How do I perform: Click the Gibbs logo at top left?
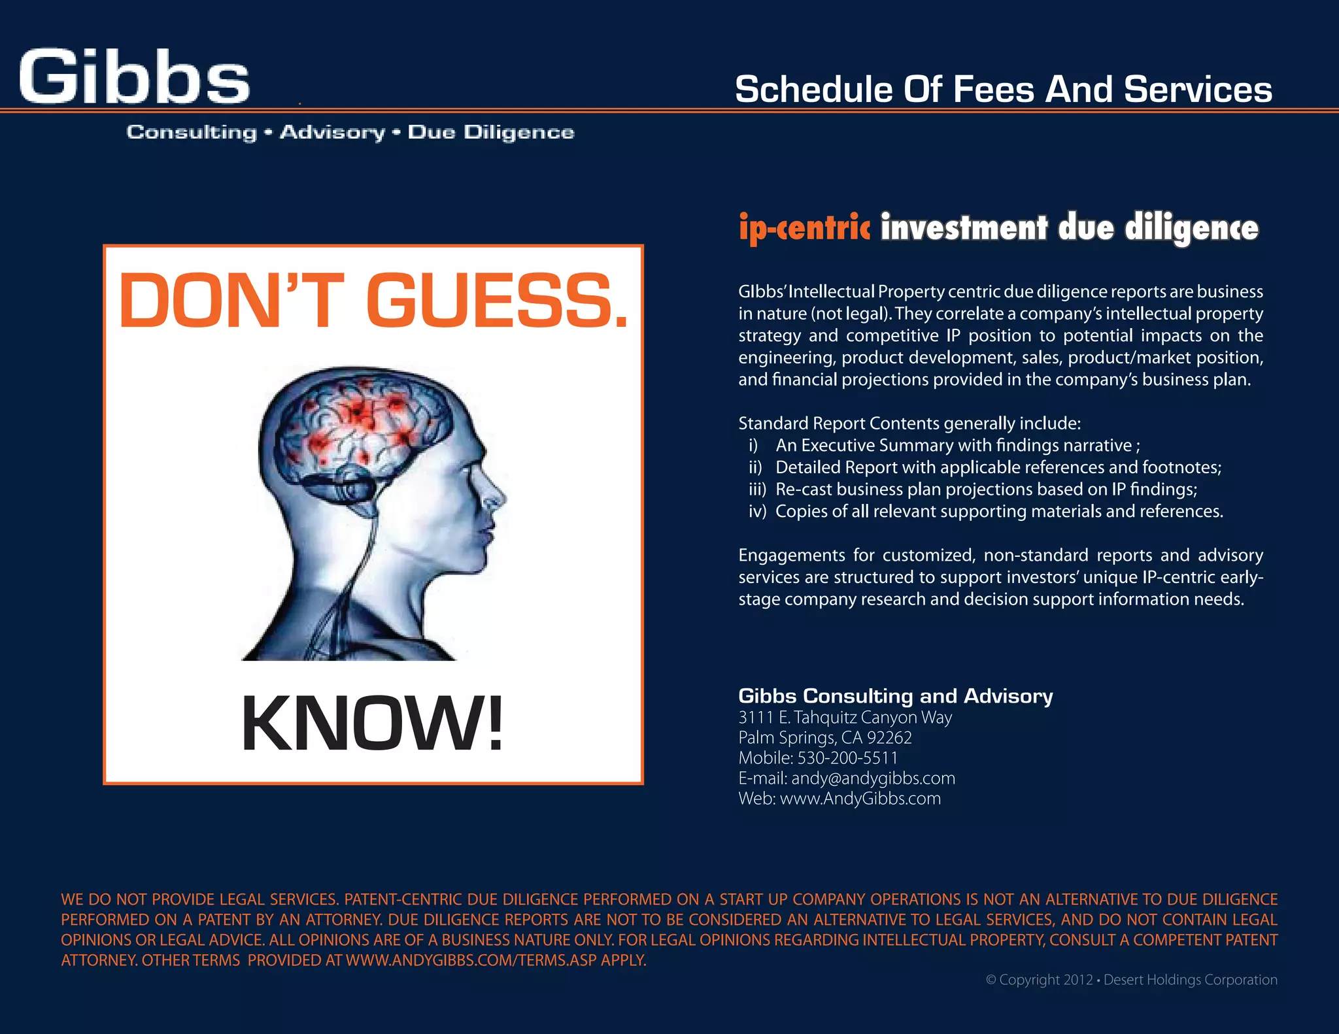click(x=134, y=77)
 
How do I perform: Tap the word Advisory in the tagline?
click(x=333, y=133)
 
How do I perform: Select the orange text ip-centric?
click(x=804, y=227)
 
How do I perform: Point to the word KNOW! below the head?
click(x=373, y=724)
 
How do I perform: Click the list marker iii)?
click(x=757, y=490)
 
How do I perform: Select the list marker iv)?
click(x=757, y=511)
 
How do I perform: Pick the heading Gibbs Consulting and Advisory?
click(x=895, y=695)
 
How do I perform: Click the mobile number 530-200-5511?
click(x=847, y=758)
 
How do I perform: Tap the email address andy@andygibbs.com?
click(x=873, y=778)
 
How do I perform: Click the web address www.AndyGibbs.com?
click(x=860, y=799)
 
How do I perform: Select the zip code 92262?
click(x=889, y=738)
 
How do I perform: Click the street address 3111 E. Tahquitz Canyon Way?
click(x=845, y=718)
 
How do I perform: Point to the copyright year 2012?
click(x=1077, y=980)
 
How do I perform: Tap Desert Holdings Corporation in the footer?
click(x=1190, y=980)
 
